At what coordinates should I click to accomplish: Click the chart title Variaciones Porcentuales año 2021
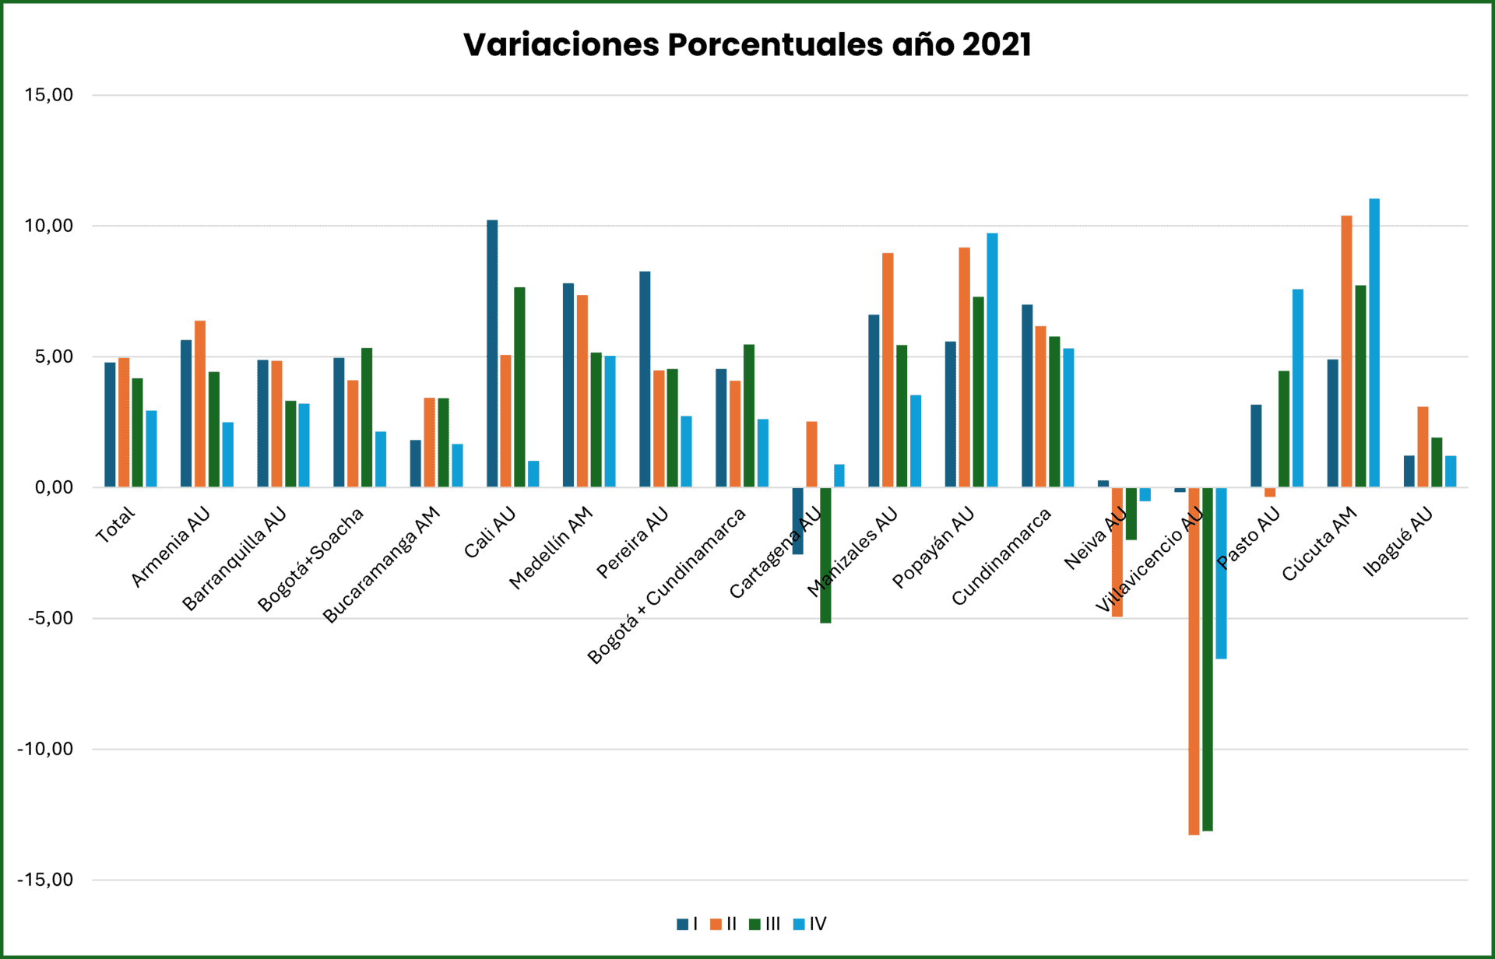(747, 44)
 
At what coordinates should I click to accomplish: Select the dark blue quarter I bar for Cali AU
(492, 354)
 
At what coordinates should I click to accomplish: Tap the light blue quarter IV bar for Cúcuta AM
(1374, 342)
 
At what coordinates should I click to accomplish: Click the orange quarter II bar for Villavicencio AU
(1194, 662)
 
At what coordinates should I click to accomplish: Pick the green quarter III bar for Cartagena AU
(825, 555)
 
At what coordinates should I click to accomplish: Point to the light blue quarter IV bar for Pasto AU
(1297, 388)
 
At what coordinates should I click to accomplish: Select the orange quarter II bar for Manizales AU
(888, 370)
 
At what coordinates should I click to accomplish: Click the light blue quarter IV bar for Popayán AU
(992, 360)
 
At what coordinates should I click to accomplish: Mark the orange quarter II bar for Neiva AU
(1117, 553)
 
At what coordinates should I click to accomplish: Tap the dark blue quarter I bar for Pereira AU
(645, 379)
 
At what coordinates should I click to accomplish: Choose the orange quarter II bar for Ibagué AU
(1423, 447)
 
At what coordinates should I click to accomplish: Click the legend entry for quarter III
(765, 924)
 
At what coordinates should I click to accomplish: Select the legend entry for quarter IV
(810, 924)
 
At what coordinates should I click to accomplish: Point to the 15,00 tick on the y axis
(48, 95)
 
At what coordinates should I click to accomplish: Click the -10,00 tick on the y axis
(45, 749)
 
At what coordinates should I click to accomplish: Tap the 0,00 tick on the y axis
(53, 487)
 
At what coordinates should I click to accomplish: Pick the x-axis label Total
(115, 525)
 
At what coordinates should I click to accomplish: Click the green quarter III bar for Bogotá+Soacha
(367, 417)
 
